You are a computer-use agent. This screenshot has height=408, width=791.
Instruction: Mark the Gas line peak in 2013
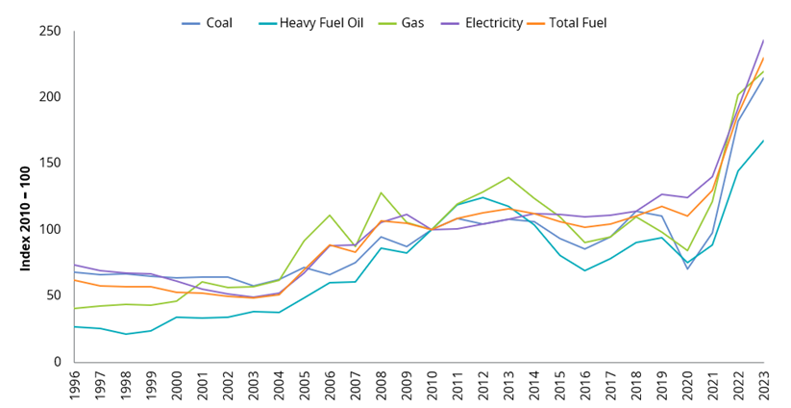click(x=507, y=178)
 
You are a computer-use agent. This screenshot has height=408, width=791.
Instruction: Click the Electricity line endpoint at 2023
click(x=762, y=40)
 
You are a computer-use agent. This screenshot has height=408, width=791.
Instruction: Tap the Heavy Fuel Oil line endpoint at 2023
click(x=762, y=140)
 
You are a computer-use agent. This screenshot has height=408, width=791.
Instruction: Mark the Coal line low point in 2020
click(x=686, y=268)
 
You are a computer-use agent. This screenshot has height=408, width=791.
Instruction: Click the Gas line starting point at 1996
click(x=74, y=308)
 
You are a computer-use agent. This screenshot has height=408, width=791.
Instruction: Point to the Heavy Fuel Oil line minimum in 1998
click(x=125, y=334)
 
